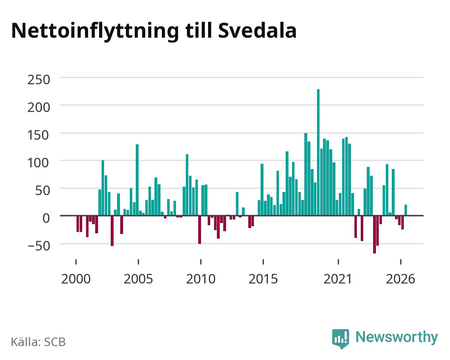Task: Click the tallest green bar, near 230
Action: point(318,152)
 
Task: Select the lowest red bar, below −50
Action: point(375,234)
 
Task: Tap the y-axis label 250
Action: point(39,80)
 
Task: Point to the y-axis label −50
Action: point(39,246)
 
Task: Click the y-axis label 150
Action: point(39,135)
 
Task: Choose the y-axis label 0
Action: point(46,218)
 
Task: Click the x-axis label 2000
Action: point(76,279)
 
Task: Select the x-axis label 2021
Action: point(338,279)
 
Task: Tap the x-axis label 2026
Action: point(400,279)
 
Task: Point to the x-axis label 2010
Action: point(201,279)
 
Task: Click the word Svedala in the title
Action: point(257,31)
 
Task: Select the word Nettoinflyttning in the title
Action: point(95,32)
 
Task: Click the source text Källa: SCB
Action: point(38,342)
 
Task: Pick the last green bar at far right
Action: point(406,210)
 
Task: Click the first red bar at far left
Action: point(78,224)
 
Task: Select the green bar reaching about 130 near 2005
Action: point(137,180)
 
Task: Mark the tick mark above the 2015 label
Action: point(263,262)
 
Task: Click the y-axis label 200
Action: point(39,108)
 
